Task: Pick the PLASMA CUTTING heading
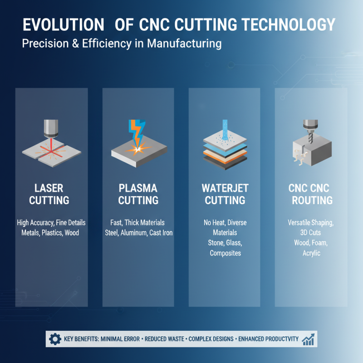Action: [138, 194]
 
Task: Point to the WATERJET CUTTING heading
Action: [225, 194]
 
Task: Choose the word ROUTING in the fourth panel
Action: [312, 200]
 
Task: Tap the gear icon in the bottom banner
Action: [55, 339]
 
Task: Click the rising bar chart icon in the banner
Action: [309, 339]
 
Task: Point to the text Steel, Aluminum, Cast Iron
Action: [138, 233]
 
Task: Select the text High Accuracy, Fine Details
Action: [51, 223]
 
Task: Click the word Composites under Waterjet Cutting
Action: [225, 253]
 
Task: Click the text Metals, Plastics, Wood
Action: [50, 233]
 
